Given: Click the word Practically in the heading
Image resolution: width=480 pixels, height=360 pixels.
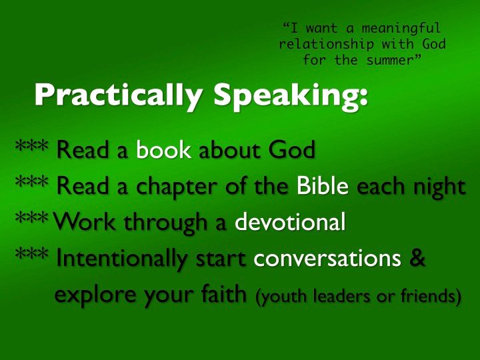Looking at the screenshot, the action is (118, 95).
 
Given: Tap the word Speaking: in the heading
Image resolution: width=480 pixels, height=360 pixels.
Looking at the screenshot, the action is (291, 95).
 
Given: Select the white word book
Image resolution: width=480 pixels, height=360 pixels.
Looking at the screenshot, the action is (163, 150).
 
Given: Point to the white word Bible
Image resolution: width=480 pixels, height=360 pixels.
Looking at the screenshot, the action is (323, 185).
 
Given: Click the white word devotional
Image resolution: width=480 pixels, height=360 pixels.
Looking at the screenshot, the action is (290, 221).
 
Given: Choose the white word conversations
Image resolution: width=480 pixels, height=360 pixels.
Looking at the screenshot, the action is (327, 258).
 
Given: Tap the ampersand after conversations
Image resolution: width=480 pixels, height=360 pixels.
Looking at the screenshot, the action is (417, 257).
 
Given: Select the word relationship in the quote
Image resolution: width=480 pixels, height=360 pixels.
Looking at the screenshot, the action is (326, 44).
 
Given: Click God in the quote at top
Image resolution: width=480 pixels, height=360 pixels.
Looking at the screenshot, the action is (434, 44).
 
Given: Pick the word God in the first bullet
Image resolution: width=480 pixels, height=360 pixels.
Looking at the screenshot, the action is (292, 150).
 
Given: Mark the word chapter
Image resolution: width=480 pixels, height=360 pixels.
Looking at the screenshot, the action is (176, 187).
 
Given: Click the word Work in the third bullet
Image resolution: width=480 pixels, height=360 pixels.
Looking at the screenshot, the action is (85, 221).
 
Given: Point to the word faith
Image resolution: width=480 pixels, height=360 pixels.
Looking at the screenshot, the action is (224, 293).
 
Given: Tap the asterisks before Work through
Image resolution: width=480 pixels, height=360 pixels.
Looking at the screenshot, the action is (31, 218).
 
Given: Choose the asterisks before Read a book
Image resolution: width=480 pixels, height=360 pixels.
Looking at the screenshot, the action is (31, 146).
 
